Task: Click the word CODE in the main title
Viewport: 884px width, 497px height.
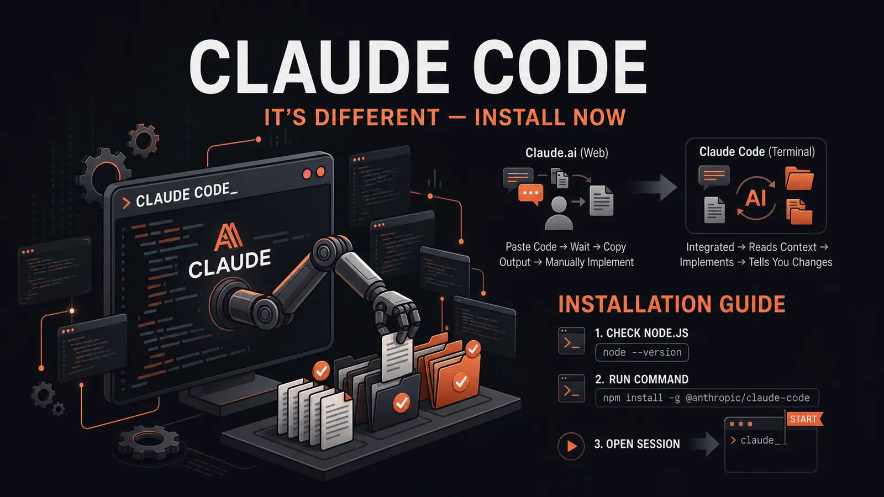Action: pyautogui.click(x=560, y=66)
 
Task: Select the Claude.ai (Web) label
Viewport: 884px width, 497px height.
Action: pyautogui.click(x=566, y=152)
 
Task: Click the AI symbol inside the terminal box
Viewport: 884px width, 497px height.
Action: pyautogui.click(x=755, y=198)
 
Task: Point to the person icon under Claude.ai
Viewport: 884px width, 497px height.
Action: pyautogui.click(x=559, y=213)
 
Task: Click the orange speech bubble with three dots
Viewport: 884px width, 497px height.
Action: pyautogui.click(x=531, y=194)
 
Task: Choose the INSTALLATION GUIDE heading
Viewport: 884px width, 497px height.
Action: pyautogui.click(x=672, y=304)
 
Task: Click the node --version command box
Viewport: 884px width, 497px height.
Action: pyautogui.click(x=641, y=352)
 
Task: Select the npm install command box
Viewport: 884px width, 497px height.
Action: pyautogui.click(x=707, y=398)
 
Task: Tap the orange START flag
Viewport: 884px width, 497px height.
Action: pyautogui.click(x=804, y=419)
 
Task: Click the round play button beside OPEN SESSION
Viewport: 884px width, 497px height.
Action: pyautogui.click(x=571, y=446)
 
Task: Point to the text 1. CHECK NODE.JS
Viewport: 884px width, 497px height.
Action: pyautogui.click(x=641, y=334)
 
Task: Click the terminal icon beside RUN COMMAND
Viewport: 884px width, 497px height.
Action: pyautogui.click(x=571, y=389)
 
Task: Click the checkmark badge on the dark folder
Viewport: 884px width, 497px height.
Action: pyautogui.click(x=402, y=403)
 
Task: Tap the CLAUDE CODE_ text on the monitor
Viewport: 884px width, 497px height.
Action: pyautogui.click(x=186, y=195)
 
